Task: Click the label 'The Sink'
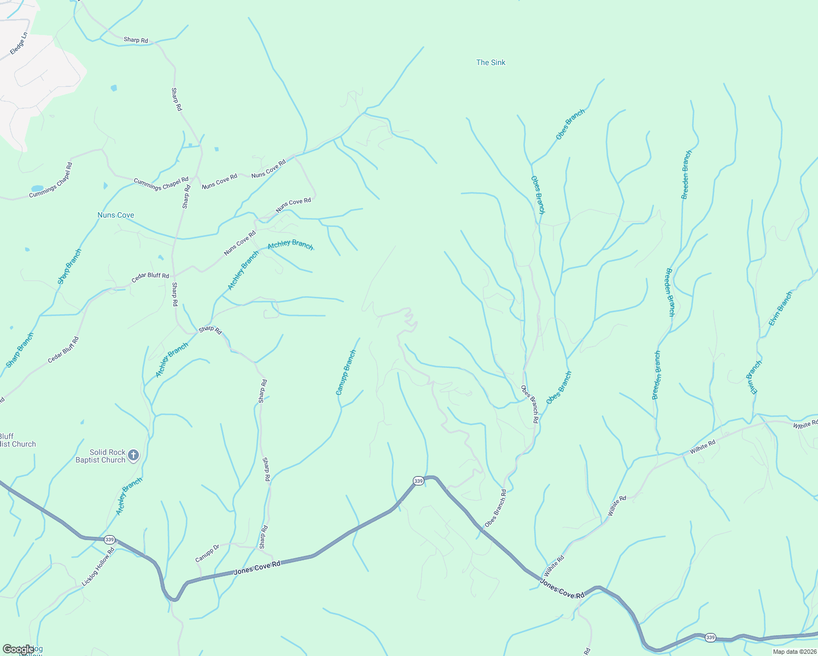[490, 62]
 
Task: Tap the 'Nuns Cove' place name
[115, 215]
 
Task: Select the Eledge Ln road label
[19, 44]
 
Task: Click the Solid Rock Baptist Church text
[101, 456]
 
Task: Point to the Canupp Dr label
[207, 553]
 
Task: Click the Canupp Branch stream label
[346, 373]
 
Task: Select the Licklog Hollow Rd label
[98, 567]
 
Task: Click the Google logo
[18, 649]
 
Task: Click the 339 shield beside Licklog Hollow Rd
[109, 540]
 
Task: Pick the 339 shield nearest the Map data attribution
[710, 637]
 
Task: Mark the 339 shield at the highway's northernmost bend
[418, 481]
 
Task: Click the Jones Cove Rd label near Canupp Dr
[257, 567]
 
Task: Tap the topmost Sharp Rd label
[136, 40]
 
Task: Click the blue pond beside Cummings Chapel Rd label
[37, 188]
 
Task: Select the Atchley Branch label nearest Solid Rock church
[129, 496]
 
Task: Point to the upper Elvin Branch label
[780, 309]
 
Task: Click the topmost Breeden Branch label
[686, 174]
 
